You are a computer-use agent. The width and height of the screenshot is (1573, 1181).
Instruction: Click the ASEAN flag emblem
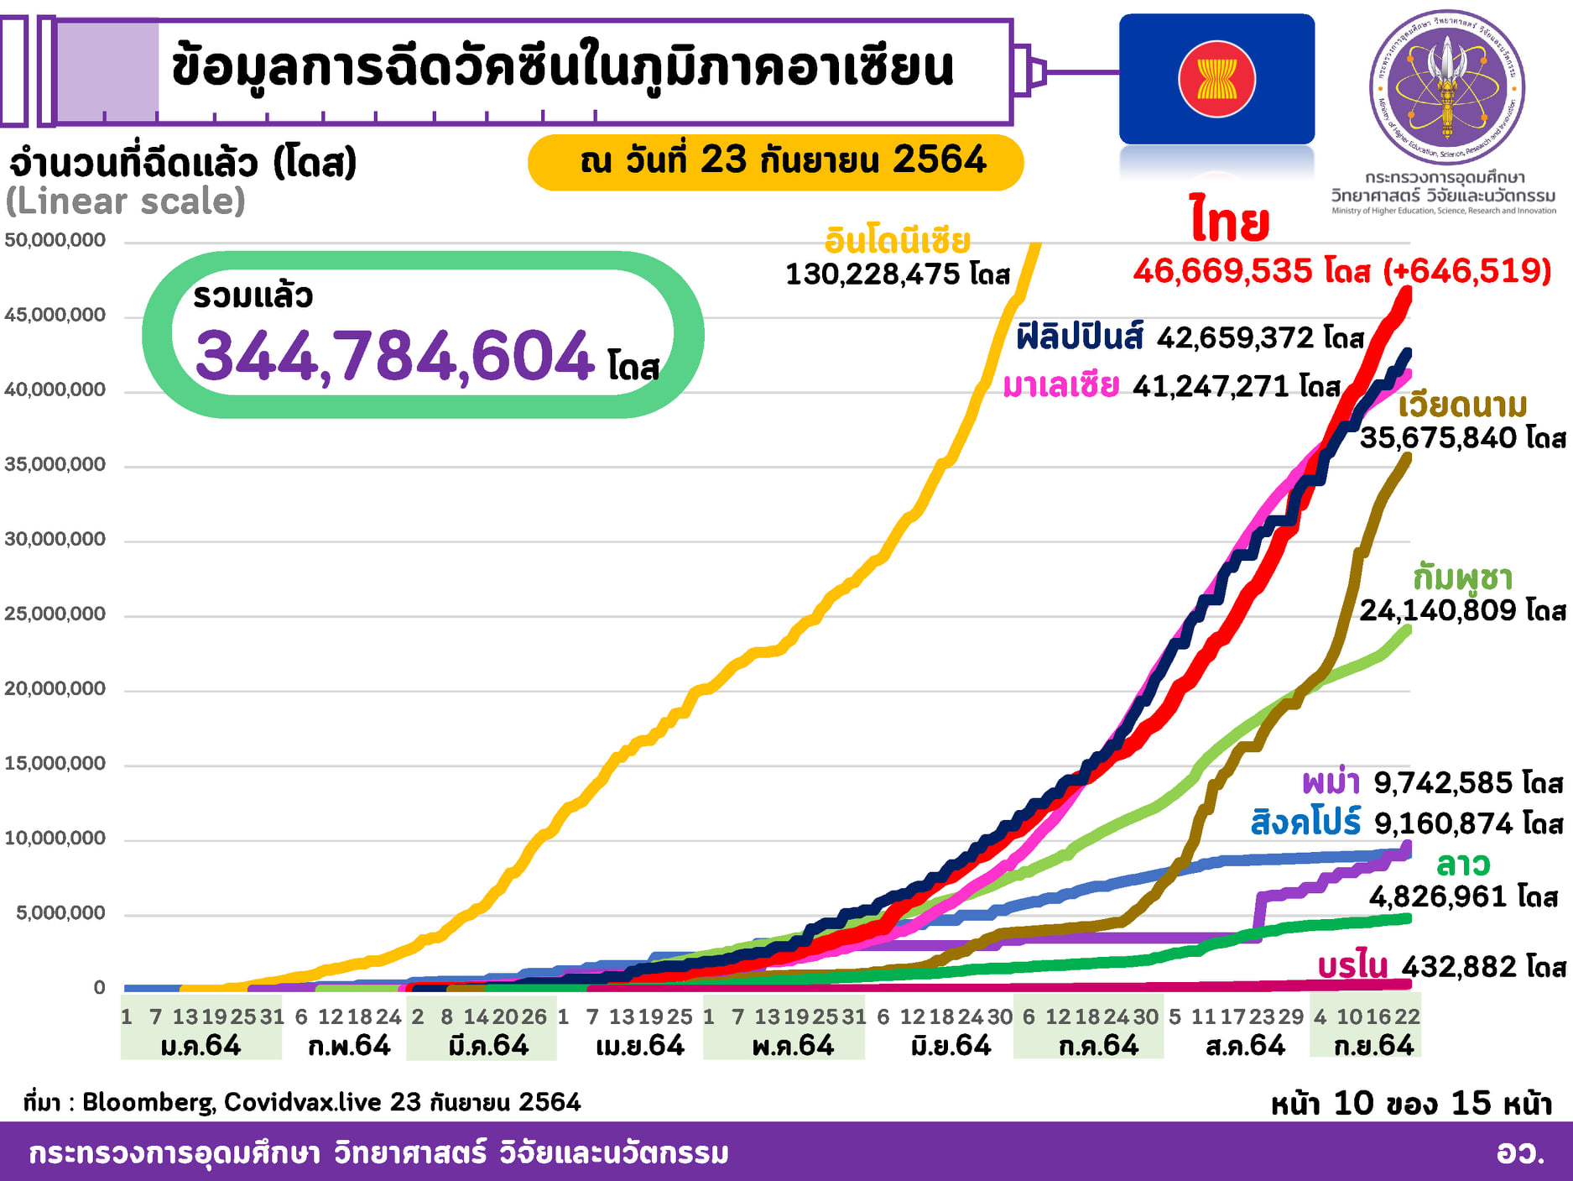point(1216,80)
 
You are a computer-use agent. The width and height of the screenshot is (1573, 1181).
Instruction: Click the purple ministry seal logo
point(1447,86)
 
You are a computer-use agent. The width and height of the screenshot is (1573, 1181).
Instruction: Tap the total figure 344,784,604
point(395,357)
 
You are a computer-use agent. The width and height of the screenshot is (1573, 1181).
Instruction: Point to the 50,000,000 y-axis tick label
point(55,240)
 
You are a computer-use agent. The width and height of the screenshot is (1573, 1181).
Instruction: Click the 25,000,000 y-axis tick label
point(55,614)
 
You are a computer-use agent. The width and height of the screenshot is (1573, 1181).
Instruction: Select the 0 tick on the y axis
point(99,987)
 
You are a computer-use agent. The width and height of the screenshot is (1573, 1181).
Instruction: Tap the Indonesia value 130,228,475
point(872,274)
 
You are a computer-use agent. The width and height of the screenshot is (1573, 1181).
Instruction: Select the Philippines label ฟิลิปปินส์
point(1079,337)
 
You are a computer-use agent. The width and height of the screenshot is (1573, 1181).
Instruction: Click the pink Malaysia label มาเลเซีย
point(1060,386)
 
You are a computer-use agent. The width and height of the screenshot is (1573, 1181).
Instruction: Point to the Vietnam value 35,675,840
point(1438,437)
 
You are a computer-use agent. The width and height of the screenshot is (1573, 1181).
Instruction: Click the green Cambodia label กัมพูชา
point(1462,577)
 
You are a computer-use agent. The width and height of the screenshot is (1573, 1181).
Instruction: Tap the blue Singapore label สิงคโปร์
point(1305,823)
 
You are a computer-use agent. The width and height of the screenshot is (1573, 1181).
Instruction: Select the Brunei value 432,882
point(1460,967)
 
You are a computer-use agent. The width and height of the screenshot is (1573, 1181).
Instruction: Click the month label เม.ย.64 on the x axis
point(640,1046)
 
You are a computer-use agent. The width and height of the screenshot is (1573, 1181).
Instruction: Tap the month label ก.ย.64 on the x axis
point(1373,1046)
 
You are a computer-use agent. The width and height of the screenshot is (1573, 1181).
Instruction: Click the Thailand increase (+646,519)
point(1467,270)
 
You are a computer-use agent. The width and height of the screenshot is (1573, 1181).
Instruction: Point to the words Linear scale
point(126,201)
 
